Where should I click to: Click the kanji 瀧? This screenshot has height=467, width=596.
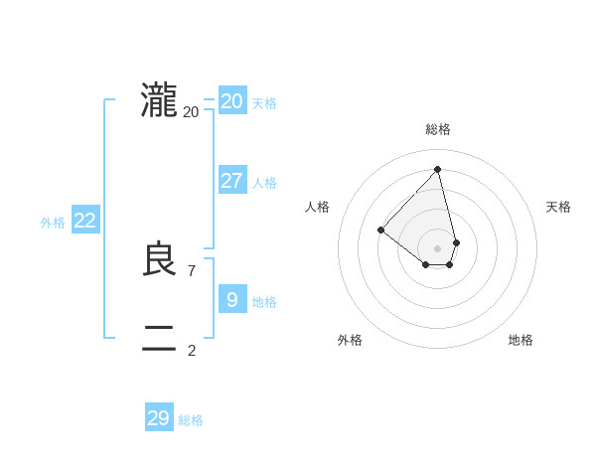pyautogui.click(x=159, y=101)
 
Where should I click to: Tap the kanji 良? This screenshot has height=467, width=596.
pyautogui.click(x=159, y=260)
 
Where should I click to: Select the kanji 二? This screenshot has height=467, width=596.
pyautogui.click(x=159, y=339)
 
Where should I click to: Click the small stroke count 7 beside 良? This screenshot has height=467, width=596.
pyautogui.click(x=192, y=270)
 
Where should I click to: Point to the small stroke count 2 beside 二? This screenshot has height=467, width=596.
pyautogui.click(x=192, y=350)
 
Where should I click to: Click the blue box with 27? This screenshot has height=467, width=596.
pyautogui.click(x=232, y=181)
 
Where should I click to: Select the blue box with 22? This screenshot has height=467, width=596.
pyautogui.click(x=85, y=221)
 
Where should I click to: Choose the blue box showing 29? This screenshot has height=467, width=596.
pyautogui.click(x=159, y=418)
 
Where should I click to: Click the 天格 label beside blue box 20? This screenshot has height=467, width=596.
pyautogui.click(x=264, y=103)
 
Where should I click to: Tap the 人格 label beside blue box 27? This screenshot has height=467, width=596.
pyautogui.click(x=264, y=183)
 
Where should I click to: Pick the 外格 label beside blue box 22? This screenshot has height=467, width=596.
pyautogui.click(x=53, y=223)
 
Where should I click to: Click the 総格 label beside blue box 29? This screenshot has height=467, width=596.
pyautogui.click(x=191, y=420)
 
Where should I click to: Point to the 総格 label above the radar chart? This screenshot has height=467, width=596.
pyautogui.click(x=438, y=129)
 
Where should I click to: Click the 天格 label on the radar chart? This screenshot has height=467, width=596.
pyautogui.click(x=558, y=207)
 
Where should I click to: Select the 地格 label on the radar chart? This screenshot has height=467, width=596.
pyautogui.click(x=521, y=340)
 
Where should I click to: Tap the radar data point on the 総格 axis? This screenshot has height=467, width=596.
pyautogui.click(x=437, y=170)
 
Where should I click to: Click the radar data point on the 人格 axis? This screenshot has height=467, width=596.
pyautogui.click(x=380, y=231)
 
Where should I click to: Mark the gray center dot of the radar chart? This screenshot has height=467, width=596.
pyautogui.click(x=437, y=247)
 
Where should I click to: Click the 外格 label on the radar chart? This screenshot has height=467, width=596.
pyautogui.click(x=350, y=340)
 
